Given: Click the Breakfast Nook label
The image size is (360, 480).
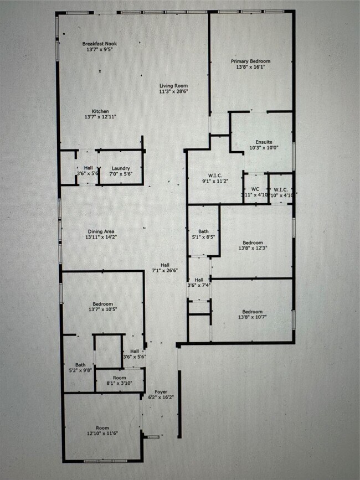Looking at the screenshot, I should pos(100,44).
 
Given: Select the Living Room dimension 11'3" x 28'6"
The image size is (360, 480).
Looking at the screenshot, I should pos(173,92).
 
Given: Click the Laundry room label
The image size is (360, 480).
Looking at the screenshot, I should pos(121,168).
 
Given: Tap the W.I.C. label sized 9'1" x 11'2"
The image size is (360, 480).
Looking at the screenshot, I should pos(210,174).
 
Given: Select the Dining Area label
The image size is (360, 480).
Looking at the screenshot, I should pos(101,231).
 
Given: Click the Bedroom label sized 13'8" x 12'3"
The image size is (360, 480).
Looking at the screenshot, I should pos(252,242).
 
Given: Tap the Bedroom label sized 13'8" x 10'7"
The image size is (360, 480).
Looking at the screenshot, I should pos(252,311).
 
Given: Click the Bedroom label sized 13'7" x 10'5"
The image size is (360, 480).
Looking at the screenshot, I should pos(100,304).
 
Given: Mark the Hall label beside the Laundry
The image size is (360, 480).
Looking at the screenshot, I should pos(88,168).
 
